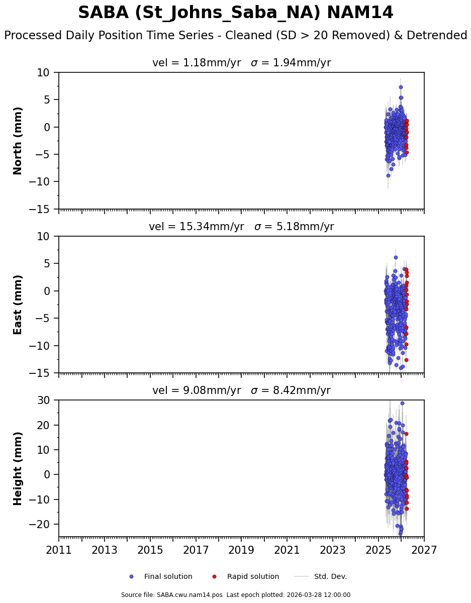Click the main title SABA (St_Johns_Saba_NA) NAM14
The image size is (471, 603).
(235, 13)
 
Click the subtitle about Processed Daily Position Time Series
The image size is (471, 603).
(235, 36)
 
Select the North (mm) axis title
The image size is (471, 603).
(18, 141)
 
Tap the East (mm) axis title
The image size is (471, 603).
(18, 305)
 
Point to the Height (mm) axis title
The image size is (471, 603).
(18, 468)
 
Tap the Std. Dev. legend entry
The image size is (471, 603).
(330, 576)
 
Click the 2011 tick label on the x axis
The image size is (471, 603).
(59, 550)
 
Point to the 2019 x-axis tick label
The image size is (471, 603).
(241, 550)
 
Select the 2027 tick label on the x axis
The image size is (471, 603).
(424, 550)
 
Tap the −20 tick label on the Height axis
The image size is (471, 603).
(43, 524)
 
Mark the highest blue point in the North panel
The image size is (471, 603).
(401, 87)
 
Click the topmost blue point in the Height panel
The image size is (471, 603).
(402, 403)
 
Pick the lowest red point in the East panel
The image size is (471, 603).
(406, 360)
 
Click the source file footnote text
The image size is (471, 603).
(235, 595)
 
